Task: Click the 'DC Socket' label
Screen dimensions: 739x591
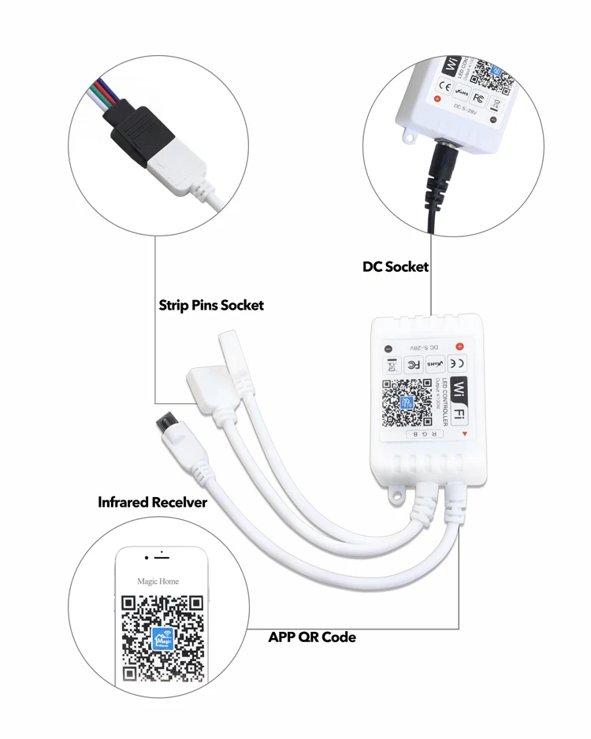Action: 396,266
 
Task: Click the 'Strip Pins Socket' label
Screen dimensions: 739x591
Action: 211,305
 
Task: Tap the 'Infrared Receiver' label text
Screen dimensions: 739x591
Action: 153,502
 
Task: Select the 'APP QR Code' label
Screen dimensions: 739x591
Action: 312,636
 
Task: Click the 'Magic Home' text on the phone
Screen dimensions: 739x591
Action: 158,581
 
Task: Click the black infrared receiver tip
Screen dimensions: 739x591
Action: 166,421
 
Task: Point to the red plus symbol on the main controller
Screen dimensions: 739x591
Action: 459,346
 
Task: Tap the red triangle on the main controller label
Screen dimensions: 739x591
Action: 466,433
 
